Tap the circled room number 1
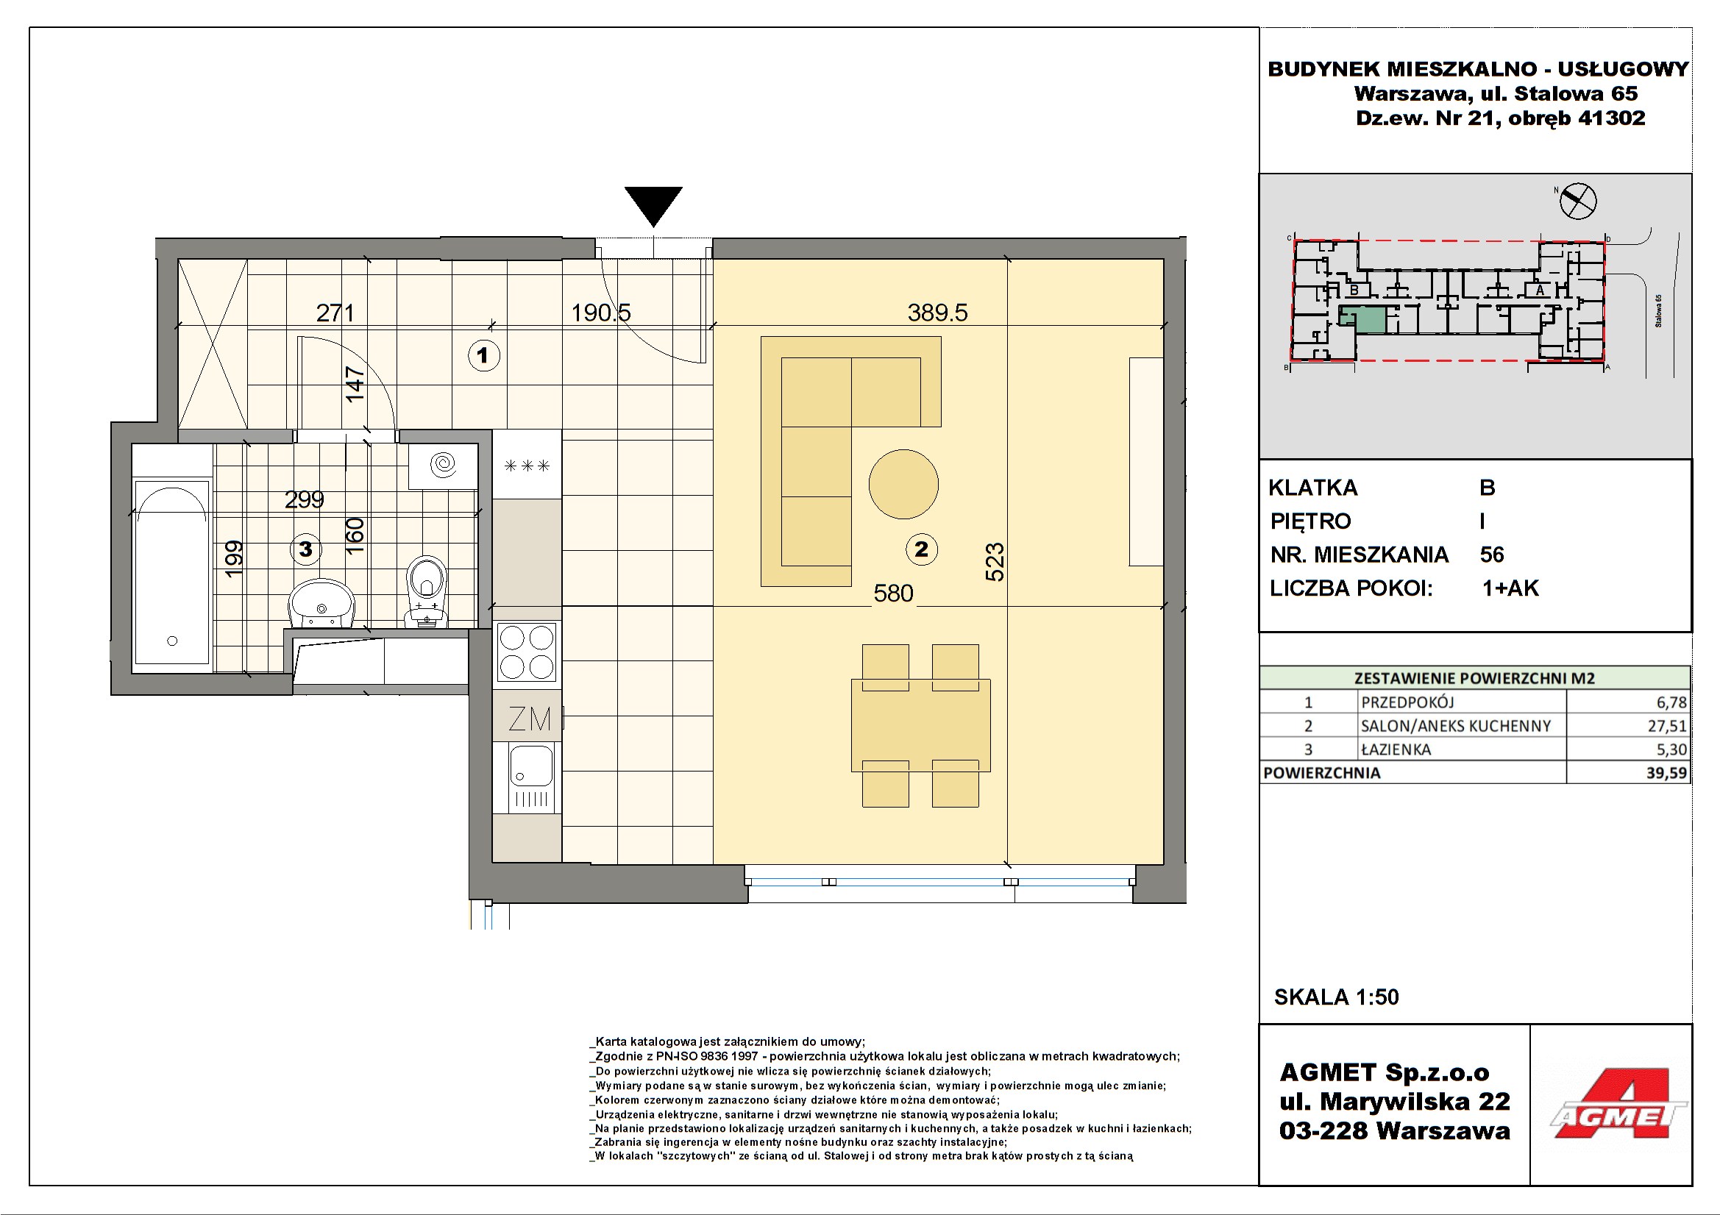(483, 355)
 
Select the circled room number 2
(921, 549)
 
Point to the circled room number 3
(305, 549)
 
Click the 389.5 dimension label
(937, 313)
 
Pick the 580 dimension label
(893, 594)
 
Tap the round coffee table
(903, 484)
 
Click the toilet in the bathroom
(426, 591)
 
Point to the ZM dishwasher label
(530, 719)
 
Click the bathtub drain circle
(172, 641)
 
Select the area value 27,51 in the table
(1667, 725)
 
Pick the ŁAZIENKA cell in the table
(1396, 749)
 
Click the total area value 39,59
(1667, 772)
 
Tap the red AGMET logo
(1618, 1103)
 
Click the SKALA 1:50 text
(1337, 997)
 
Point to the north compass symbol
(1578, 201)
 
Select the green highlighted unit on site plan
(1362, 319)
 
